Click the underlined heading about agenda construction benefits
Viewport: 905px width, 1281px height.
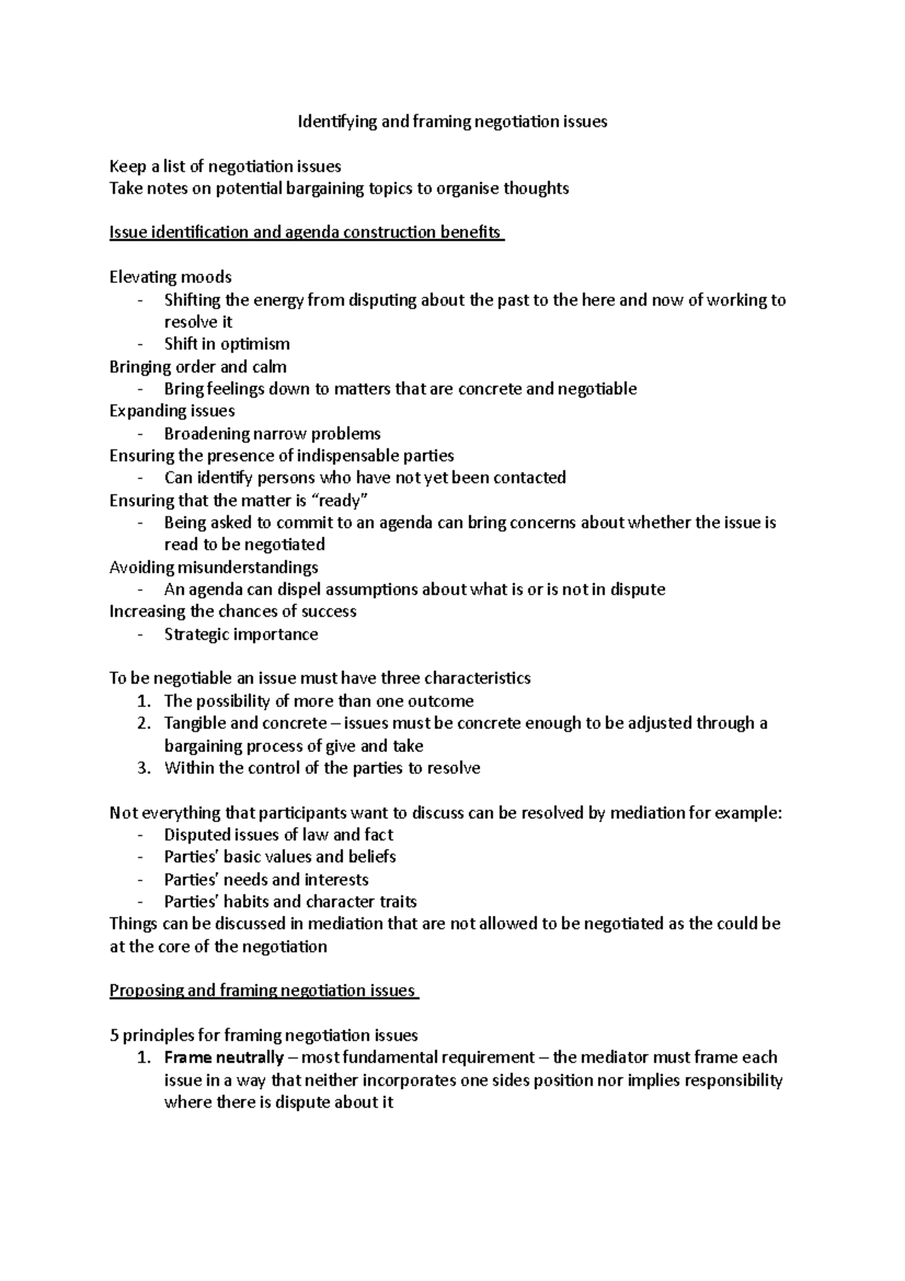306,232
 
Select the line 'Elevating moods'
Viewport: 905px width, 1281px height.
170,277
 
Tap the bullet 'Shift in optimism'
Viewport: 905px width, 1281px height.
227,344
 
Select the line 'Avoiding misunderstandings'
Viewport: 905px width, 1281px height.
213,567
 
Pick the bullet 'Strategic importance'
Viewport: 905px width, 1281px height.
241,634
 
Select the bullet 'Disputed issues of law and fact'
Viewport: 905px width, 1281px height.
278,835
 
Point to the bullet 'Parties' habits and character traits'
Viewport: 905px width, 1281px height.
290,902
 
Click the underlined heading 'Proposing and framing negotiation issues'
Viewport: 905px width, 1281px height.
264,991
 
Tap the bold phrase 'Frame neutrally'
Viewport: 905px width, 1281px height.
224,1058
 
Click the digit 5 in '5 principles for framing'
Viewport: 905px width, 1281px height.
114,1036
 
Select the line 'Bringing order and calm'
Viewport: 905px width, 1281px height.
198,367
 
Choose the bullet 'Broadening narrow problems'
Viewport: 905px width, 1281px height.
272,434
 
